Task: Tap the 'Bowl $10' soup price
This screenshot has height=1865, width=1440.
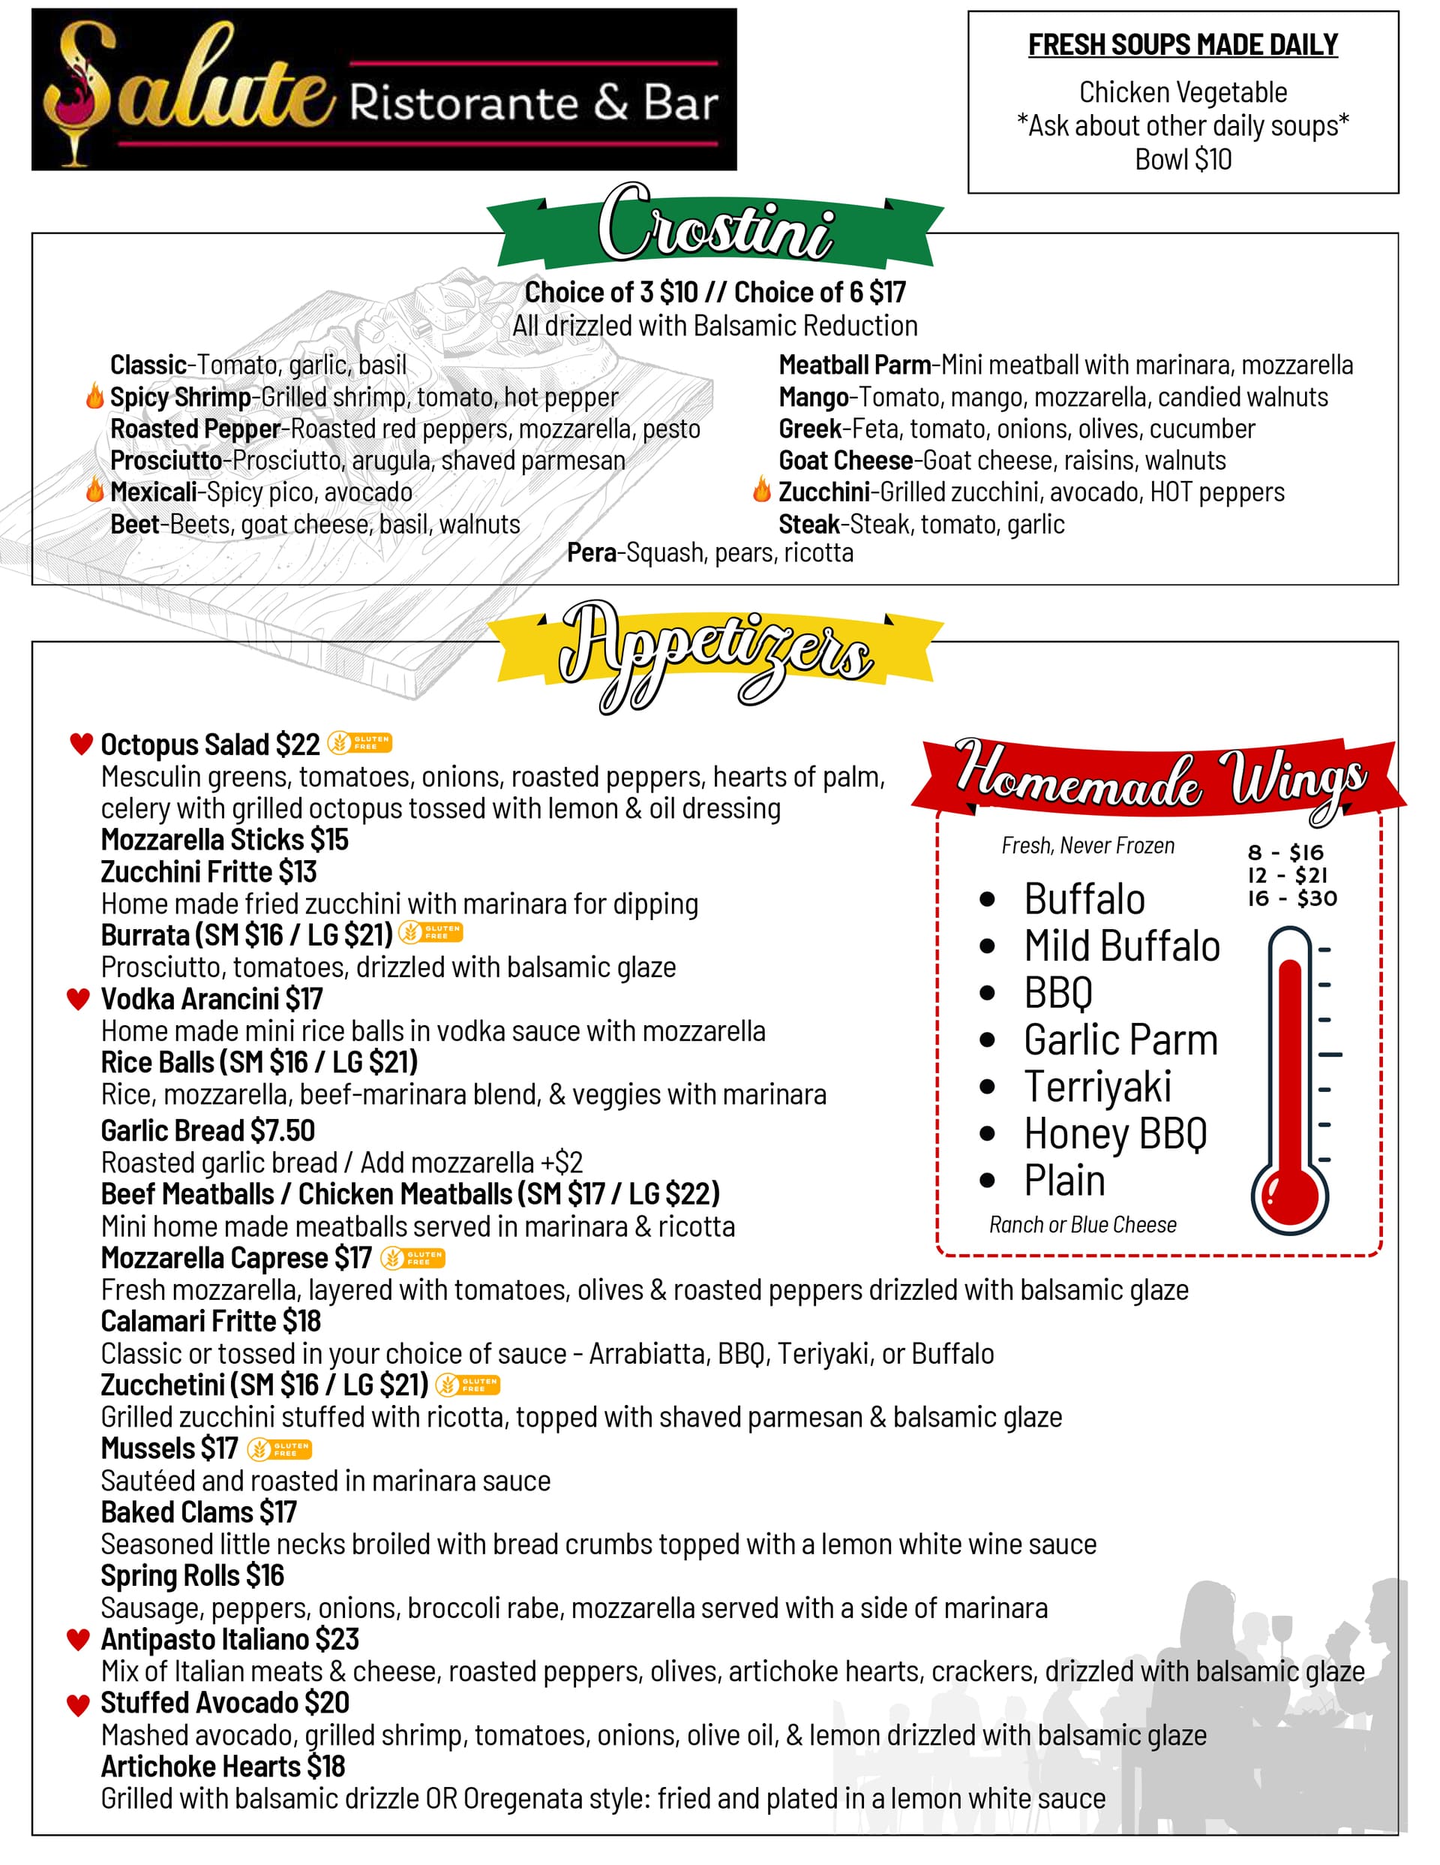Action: pyautogui.click(x=1182, y=160)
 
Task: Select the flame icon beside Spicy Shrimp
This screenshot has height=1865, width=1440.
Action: pyautogui.click(x=94, y=396)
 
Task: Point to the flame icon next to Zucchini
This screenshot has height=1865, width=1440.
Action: pyautogui.click(x=761, y=490)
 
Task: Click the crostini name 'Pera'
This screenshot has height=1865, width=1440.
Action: pyautogui.click(x=591, y=553)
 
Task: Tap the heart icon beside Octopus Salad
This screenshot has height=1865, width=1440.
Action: pyautogui.click(x=81, y=744)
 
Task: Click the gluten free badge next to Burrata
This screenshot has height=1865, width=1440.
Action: pyautogui.click(x=431, y=932)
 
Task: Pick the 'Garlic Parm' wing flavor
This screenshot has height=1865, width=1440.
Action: pyautogui.click(x=1120, y=1040)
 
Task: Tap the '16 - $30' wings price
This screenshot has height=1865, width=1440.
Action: pyautogui.click(x=1292, y=898)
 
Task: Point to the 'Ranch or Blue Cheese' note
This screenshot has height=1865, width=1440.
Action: pyautogui.click(x=1082, y=1225)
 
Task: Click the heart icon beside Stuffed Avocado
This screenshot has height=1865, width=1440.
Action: pyautogui.click(x=79, y=1704)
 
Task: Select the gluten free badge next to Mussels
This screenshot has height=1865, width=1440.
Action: pyautogui.click(x=279, y=1449)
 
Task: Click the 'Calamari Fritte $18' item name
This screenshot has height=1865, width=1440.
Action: pyautogui.click(x=211, y=1321)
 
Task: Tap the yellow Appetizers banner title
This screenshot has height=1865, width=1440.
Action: pyautogui.click(x=715, y=656)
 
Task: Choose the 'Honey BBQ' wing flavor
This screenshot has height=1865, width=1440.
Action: pyautogui.click(x=1114, y=1134)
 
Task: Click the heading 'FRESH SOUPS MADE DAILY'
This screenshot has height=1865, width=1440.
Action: pyautogui.click(x=1182, y=44)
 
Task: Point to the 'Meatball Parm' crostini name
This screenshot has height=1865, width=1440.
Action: pyautogui.click(x=853, y=365)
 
